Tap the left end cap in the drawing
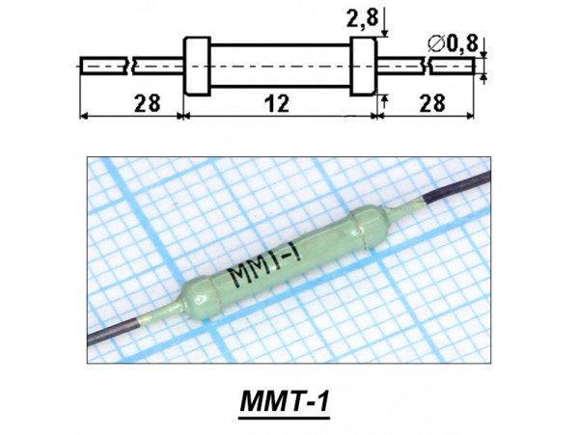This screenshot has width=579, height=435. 197,66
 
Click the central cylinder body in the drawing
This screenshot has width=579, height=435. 280,66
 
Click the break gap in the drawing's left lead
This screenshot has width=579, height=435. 129,66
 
